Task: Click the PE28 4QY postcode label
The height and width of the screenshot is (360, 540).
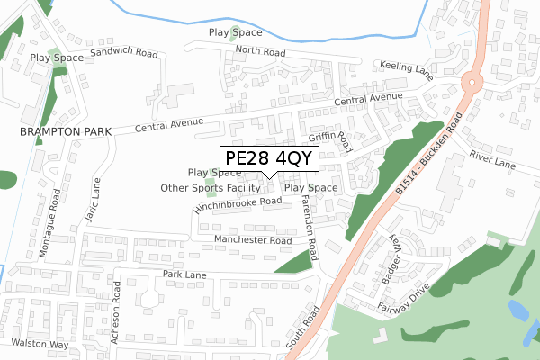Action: tap(268, 158)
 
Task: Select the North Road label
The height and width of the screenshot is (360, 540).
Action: tap(261, 52)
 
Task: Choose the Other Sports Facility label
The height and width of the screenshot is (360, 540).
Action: tap(211, 188)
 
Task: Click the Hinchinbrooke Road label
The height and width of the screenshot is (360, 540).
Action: tap(238, 204)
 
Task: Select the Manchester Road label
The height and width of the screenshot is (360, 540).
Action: tap(253, 241)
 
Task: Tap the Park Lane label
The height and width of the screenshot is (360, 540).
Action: tap(184, 274)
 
